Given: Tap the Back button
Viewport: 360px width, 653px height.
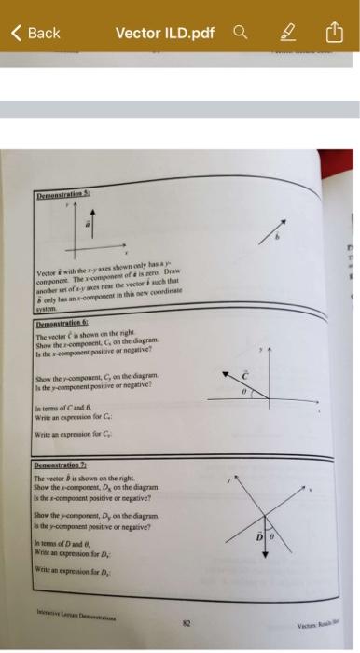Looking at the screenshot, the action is click(35, 33).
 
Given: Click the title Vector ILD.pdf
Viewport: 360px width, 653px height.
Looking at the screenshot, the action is click(164, 33).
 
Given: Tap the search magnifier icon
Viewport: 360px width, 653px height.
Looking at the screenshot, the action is click(241, 33).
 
